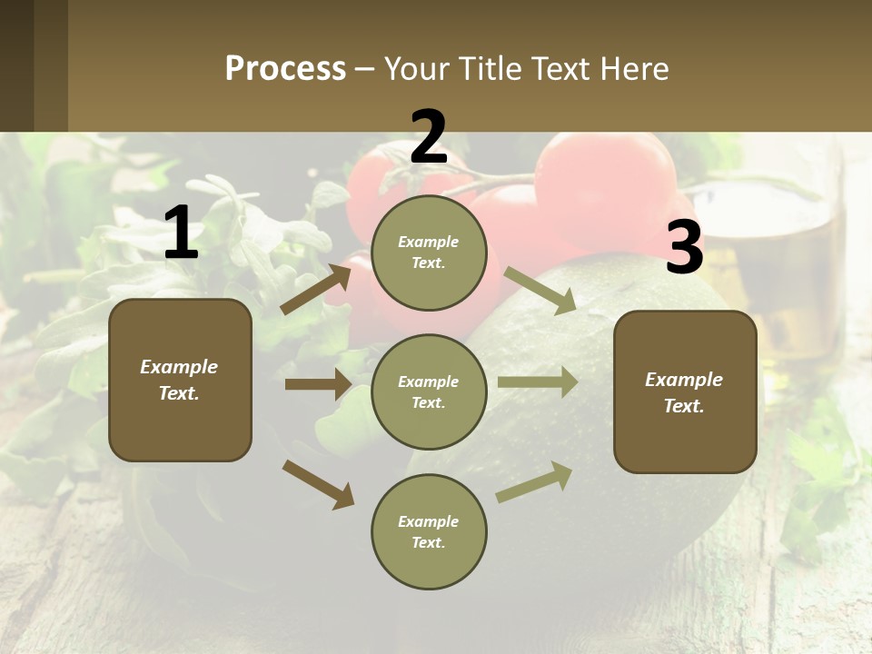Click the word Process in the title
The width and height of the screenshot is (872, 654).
pyautogui.click(x=285, y=69)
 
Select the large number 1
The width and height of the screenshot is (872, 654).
pyautogui.click(x=181, y=233)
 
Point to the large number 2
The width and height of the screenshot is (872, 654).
pyautogui.click(x=429, y=137)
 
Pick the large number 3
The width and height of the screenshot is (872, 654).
pyautogui.click(x=685, y=248)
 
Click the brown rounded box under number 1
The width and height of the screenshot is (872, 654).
pyautogui.click(x=180, y=380)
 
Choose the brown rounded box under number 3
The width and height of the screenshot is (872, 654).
pyautogui.click(x=685, y=392)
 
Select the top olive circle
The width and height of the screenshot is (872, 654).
pyautogui.click(x=429, y=253)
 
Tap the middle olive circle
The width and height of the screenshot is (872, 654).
pyautogui.click(x=429, y=392)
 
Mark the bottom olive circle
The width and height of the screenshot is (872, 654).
pyautogui.click(x=429, y=532)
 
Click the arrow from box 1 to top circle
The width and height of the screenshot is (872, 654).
pyautogui.click(x=316, y=289)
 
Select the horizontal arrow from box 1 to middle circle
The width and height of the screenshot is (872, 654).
pyautogui.click(x=318, y=384)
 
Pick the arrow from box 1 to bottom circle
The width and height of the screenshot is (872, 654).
pyautogui.click(x=318, y=484)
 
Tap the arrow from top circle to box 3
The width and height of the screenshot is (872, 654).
pyautogui.click(x=540, y=290)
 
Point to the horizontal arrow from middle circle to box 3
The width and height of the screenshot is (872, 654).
pyautogui.click(x=537, y=381)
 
